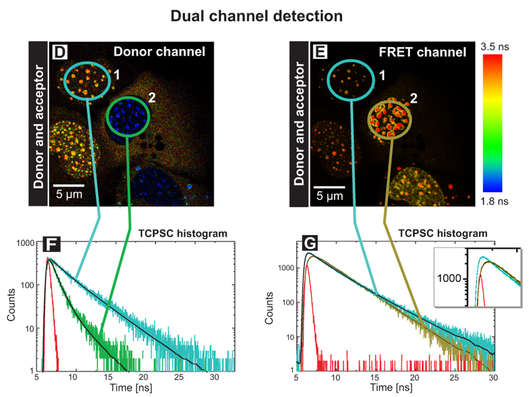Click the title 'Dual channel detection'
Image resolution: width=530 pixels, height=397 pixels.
click(265, 15)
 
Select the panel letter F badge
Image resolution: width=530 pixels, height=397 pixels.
click(50, 245)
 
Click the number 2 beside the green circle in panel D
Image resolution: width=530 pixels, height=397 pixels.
click(152, 98)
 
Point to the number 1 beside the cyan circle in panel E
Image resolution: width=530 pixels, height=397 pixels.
click(382, 77)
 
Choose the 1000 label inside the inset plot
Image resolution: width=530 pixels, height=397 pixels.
click(450, 279)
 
